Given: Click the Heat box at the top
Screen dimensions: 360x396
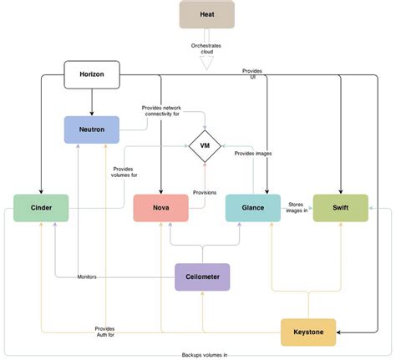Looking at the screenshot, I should pos(206,14).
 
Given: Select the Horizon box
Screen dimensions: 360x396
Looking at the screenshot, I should pos(92,74).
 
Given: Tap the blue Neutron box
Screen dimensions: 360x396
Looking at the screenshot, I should pos(92,129).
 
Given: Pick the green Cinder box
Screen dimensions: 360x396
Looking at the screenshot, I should pos(41,207).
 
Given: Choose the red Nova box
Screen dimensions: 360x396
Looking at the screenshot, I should pos(161,207).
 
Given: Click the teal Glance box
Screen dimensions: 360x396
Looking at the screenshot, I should pos(253,207).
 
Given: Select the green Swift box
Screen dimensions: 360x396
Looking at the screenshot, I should pos(340,207).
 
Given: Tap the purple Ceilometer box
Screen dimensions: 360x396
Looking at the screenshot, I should pos(202,276).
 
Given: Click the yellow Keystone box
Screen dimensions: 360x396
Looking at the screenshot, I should pos(308,332).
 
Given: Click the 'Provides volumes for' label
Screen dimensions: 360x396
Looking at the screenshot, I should pos(124,172).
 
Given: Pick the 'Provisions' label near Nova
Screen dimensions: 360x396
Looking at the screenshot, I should pos(205,192).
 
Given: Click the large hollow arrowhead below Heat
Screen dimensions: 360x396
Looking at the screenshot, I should pos(206,60).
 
